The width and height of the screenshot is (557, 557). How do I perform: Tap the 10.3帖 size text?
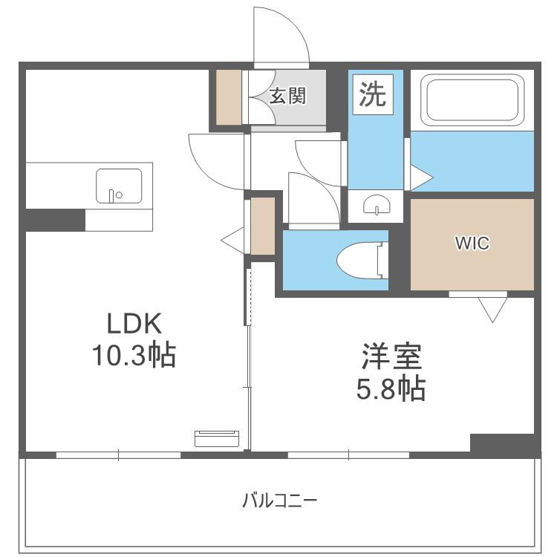(134, 356)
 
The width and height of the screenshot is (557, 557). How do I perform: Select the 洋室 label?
(391, 357)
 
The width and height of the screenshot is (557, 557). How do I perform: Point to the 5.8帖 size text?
(391, 388)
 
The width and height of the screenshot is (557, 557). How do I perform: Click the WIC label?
(472, 244)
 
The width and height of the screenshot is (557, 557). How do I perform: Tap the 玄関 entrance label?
(287, 96)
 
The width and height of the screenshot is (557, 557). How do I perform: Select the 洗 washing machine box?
(373, 94)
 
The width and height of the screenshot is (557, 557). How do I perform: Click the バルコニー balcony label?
(279, 500)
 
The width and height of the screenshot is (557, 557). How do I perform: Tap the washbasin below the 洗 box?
(377, 205)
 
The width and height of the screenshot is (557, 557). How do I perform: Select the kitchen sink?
(119, 186)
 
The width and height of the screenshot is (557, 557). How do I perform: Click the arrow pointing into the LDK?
(232, 240)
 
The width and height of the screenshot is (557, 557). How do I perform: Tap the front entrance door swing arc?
(281, 37)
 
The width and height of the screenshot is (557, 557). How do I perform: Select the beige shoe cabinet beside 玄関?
(229, 97)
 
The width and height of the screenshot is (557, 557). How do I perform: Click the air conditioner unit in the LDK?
(217, 438)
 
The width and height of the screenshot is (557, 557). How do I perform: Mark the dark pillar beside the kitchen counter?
(54, 220)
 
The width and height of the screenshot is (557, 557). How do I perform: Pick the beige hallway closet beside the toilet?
(263, 226)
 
